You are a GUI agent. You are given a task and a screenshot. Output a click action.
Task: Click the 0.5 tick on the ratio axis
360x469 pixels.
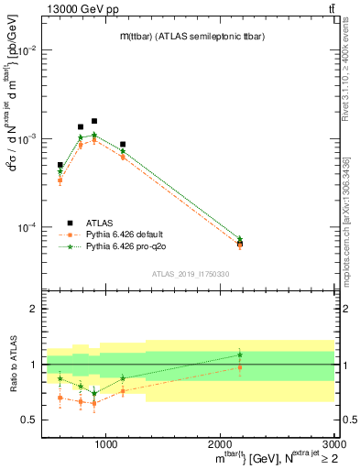tap(29, 420)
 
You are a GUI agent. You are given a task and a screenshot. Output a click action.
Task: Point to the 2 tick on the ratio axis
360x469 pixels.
tap(33, 310)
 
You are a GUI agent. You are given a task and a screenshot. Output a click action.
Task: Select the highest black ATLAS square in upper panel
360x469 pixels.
tap(93, 121)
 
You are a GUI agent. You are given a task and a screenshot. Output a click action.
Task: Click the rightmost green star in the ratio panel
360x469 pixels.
tap(240, 354)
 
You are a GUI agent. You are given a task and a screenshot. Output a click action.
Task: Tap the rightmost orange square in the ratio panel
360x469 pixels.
tap(240, 367)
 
